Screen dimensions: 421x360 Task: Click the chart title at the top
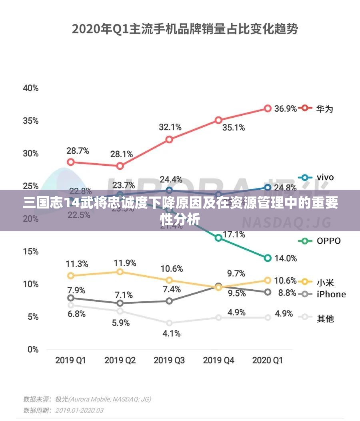185,29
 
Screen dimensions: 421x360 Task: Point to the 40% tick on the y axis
30,88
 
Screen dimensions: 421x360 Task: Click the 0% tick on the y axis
33,349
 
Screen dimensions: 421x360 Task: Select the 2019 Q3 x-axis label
169,360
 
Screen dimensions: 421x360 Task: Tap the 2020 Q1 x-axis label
268,360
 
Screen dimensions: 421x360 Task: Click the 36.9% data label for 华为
285,108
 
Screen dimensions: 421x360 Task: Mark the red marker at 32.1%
169,139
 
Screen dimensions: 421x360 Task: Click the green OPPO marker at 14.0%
268,258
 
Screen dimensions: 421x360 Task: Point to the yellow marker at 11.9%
120,272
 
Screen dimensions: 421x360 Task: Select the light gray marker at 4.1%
169,323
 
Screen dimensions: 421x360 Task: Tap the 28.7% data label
78,151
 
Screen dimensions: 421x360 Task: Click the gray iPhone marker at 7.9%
71,298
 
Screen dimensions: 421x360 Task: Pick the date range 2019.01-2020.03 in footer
79,410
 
